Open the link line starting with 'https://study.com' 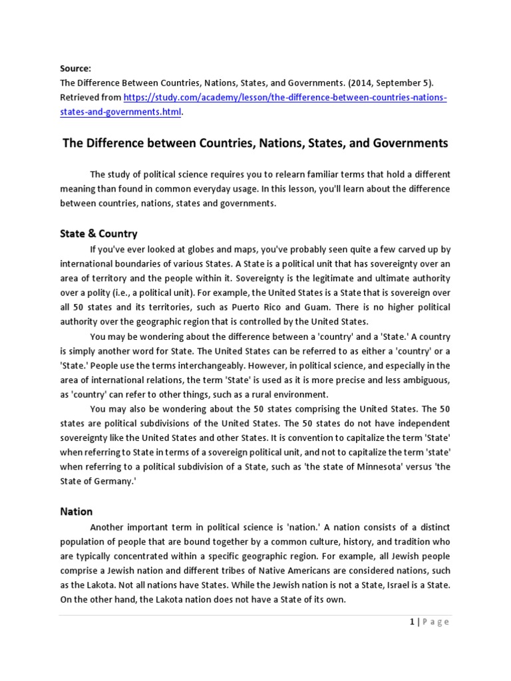point(285,98)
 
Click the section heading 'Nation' point(76,511)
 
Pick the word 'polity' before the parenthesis point(94,293)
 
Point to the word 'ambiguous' point(426,380)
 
